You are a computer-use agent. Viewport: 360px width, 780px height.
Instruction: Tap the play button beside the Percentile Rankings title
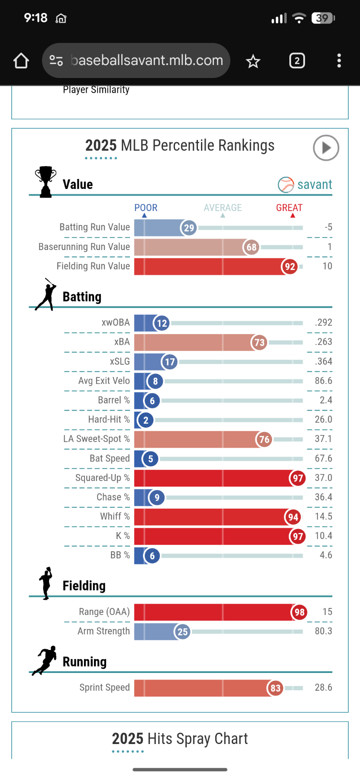(326, 148)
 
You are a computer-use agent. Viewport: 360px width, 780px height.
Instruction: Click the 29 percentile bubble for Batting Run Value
(189, 228)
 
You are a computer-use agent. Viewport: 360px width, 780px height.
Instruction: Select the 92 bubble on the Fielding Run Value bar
(290, 266)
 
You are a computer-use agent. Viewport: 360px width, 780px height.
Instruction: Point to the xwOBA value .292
(324, 322)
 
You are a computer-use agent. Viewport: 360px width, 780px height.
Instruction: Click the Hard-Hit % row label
(109, 419)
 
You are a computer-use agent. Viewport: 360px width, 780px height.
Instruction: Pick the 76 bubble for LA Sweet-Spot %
(264, 439)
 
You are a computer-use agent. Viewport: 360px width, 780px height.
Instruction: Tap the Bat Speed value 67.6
(323, 458)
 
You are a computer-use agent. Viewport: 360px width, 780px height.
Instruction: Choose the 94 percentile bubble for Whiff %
(293, 517)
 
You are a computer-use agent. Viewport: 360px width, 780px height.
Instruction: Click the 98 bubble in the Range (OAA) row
(299, 612)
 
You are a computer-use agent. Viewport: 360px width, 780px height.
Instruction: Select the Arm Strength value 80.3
(323, 631)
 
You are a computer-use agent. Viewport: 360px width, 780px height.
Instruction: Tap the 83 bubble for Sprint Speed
(276, 688)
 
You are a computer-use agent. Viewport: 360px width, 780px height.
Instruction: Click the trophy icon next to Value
(45, 182)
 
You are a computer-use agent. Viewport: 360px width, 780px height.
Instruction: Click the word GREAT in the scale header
(289, 208)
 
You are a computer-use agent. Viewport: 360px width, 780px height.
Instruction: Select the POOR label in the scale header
(146, 208)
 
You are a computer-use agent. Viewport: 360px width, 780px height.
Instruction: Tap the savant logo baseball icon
(286, 185)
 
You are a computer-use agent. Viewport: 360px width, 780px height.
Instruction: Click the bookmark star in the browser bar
(253, 61)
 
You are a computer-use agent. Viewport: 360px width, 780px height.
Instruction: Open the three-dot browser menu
(339, 61)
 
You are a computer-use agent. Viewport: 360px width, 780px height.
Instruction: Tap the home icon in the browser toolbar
(21, 61)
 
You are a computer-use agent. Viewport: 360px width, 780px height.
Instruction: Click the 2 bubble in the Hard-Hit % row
(146, 420)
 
